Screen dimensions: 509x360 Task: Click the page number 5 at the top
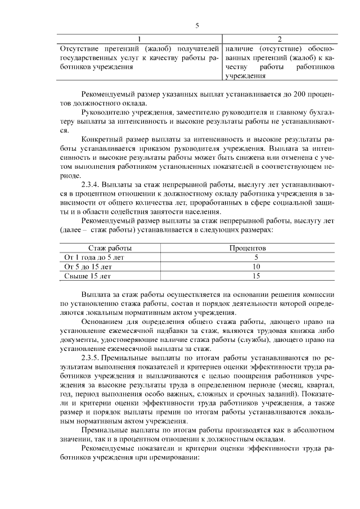(x=197, y=25)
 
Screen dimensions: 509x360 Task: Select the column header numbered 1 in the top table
(x=140, y=38)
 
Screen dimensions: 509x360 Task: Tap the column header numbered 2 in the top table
(x=280, y=38)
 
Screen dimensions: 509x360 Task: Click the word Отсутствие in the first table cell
(x=79, y=48)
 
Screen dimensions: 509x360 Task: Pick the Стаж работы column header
(x=110, y=247)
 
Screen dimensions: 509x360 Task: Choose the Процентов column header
(x=248, y=247)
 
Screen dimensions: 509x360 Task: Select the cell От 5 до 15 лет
(x=88, y=267)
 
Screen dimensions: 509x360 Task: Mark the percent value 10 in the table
(x=256, y=267)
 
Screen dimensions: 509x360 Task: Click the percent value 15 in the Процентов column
(x=256, y=276)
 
